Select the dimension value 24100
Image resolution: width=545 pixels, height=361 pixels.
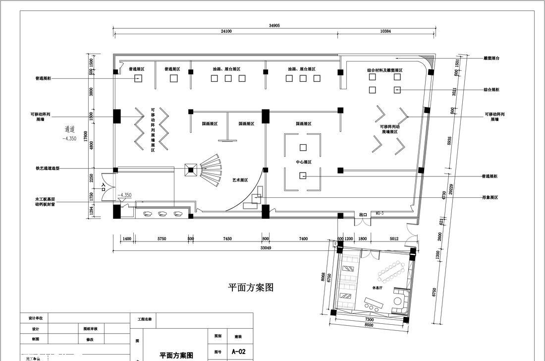click(x=226, y=31)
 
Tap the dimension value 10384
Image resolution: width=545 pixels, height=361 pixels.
click(x=385, y=31)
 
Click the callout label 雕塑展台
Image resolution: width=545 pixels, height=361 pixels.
click(x=491, y=58)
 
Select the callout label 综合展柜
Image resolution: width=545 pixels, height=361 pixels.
click(x=491, y=90)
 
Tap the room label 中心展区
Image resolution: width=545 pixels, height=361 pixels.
click(x=303, y=162)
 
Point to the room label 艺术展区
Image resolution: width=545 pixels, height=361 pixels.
click(x=240, y=180)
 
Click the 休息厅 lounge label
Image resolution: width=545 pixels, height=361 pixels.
click(x=378, y=288)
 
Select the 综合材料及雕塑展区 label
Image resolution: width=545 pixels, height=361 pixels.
click(x=384, y=70)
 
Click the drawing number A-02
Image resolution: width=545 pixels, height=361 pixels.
click(x=238, y=352)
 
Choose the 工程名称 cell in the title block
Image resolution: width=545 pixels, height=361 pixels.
click(x=143, y=320)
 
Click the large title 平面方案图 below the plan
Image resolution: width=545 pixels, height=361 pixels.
click(x=250, y=288)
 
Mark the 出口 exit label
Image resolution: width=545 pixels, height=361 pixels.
click(x=363, y=215)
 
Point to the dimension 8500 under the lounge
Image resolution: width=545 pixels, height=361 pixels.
click(x=369, y=325)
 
